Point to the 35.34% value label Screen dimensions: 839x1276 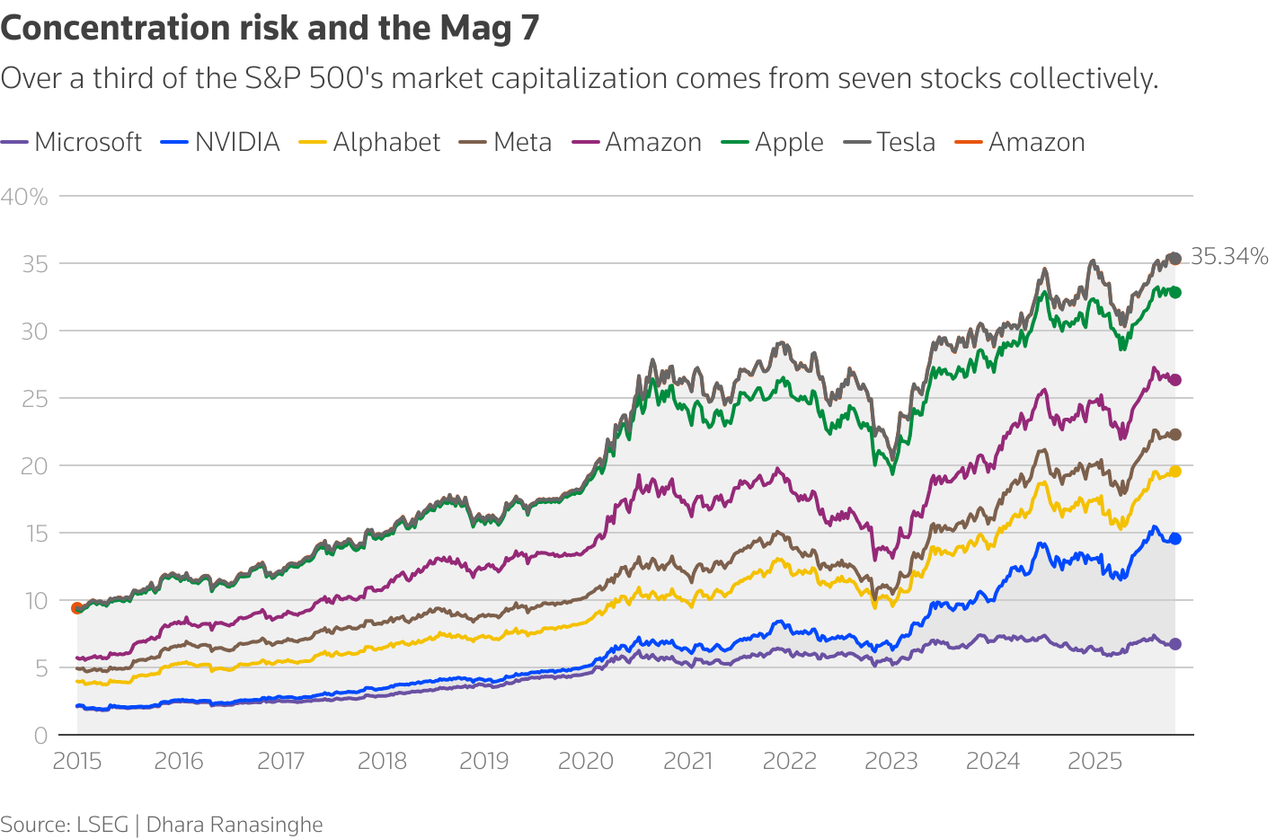(x=1228, y=257)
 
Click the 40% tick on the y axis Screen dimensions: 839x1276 (x=24, y=197)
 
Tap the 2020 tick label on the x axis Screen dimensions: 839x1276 (x=586, y=762)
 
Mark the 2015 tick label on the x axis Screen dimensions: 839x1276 (x=77, y=762)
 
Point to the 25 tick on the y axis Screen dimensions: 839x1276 (x=34, y=398)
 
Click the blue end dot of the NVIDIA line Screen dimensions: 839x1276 (x=1174, y=539)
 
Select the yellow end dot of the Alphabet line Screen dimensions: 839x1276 (x=1174, y=472)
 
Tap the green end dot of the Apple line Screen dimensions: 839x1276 (x=1174, y=293)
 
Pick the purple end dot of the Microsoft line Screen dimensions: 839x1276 (x=1174, y=644)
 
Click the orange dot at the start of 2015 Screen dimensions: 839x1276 (x=77, y=608)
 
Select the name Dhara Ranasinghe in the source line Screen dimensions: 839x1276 (x=235, y=825)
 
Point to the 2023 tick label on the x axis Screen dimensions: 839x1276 (x=891, y=762)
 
